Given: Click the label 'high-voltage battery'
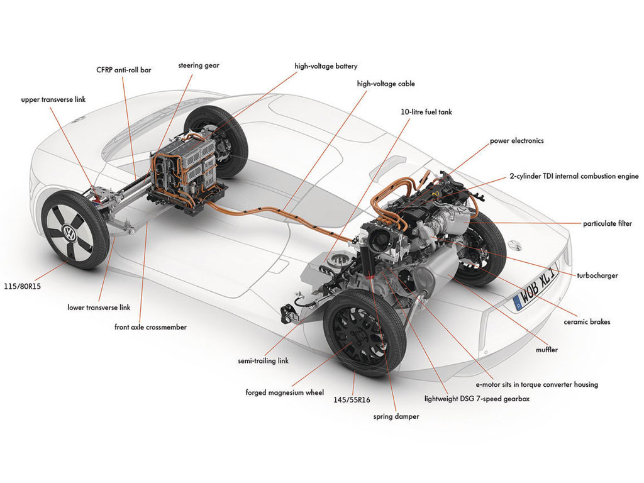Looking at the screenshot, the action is [x=326, y=66].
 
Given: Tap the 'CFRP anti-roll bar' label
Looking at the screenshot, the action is [x=124, y=70].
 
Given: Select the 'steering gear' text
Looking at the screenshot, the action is [x=199, y=65].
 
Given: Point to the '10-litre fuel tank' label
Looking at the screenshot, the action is [x=426, y=112].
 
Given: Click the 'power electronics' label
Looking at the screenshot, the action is [x=517, y=141].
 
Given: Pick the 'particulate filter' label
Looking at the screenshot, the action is [x=608, y=224].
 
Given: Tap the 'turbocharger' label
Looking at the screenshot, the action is [x=597, y=275].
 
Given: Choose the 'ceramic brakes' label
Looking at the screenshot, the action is [x=587, y=322].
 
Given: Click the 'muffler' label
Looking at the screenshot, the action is [x=547, y=350].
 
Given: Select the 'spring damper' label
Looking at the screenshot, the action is [x=396, y=416].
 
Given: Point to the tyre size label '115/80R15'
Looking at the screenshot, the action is [x=23, y=286].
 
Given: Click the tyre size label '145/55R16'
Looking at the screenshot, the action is [x=352, y=399].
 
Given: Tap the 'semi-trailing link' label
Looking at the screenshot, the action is [x=264, y=361].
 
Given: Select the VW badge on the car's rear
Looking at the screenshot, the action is [x=514, y=245].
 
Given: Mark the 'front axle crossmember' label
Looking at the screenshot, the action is [x=150, y=327].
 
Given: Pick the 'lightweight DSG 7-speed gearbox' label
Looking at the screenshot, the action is [x=477, y=399].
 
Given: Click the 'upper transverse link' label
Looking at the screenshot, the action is [x=53, y=99].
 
